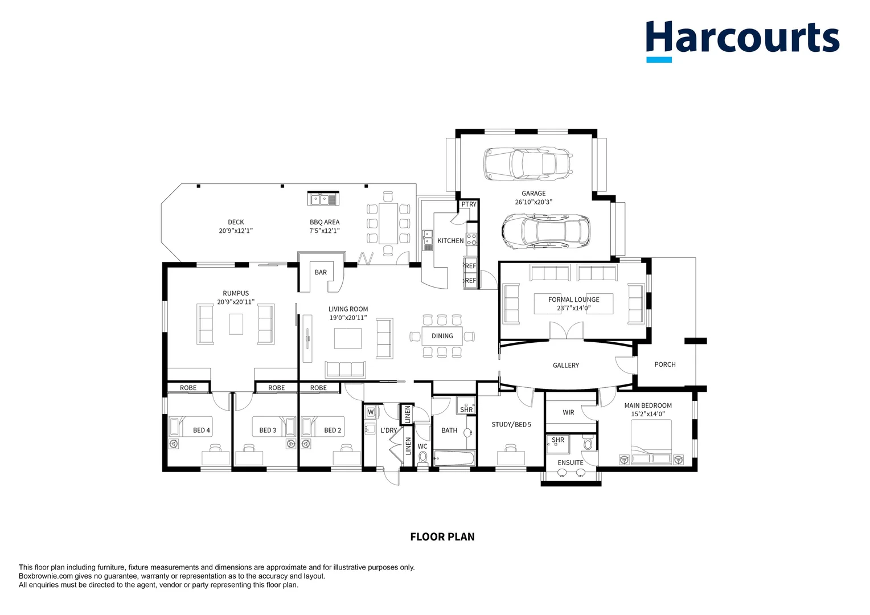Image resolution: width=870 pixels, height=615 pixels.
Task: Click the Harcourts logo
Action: pyautogui.click(x=742, y=40)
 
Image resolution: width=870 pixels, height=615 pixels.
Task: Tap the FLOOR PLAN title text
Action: pyautogui.click(x=442, y=536)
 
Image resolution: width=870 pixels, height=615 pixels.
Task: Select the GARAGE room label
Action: pyautogui.click(x=534, y=194)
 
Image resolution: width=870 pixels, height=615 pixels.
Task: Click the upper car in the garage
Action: pyautogui.click(x=527, y=163)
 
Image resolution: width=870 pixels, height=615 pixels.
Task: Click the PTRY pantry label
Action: pyautogui.click(x=469, y=204)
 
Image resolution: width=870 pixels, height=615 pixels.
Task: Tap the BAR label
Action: pyautogui.click(x=321, y=272)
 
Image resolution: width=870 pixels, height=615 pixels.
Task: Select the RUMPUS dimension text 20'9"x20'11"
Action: pyautogui.click(x=235, y=302)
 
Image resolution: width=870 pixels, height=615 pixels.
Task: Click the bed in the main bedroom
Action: pyautogui.click(x=651, y=444)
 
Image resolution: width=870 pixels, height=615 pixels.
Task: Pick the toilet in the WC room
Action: pyautogui.click(x=422, y=458)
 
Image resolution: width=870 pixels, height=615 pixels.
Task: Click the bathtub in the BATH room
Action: pyautogui.click(x=454, y=458)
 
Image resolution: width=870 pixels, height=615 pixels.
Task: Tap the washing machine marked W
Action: pyautogui.click(x=370, y=412)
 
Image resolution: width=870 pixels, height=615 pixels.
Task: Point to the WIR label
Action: pyautogui.click(x=568, y=412)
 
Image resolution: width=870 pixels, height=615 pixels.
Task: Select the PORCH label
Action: pyautogui.click(x=664, y=364)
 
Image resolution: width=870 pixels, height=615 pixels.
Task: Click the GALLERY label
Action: pyautogui.click(x=565, y=366)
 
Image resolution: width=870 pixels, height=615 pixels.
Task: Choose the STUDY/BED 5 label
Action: pyautogui.click(x=511, y=425)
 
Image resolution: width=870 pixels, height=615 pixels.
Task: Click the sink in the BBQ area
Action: pyautogui.click(x=323, y=199)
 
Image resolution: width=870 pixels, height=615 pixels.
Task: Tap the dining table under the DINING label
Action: pyautogui.click(x=442, y=336)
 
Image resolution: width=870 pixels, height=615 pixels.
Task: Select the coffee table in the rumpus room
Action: pyautogui.click(x=236, y=324)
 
